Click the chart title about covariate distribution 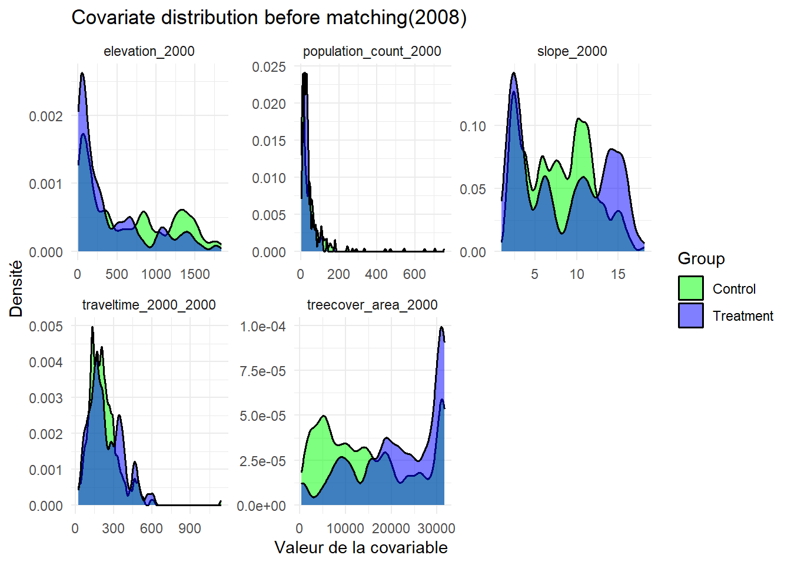coord(269,18)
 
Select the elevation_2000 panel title coord(149,51)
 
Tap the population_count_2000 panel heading coord(372,51)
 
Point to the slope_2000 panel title coord(572,51)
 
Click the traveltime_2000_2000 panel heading coord(149,305)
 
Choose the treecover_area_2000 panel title coord(372,305)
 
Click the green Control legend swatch coord(690,288)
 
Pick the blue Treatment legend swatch coord(690,315)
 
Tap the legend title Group coord(701,258)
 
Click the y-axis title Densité coord(16,288)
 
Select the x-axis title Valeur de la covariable coord(361,547)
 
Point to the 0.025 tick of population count coord(269,67)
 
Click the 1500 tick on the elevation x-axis coord(195,274)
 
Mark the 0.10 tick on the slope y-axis coord(473,127)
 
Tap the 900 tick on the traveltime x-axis coord(190,529)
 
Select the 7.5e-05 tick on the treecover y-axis coord(262,371)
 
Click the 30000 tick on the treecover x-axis coord(436,529)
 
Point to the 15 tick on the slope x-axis coord(618,274)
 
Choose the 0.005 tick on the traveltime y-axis coord(46,327)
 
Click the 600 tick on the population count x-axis coord(414,274)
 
